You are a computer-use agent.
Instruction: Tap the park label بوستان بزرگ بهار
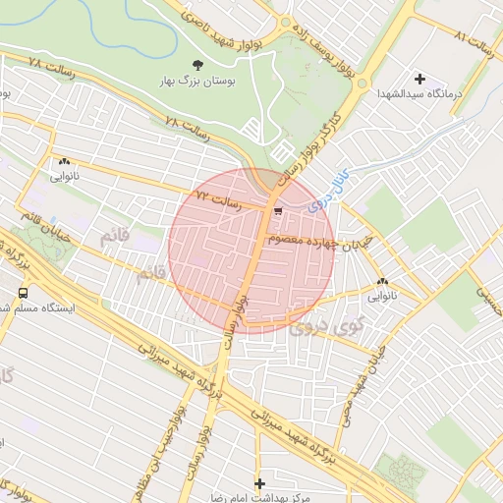[197, 83]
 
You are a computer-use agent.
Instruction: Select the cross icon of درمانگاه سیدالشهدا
[420, 78]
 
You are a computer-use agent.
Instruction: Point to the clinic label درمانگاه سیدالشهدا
[419, 94]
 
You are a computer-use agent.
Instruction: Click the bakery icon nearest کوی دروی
[382, 283]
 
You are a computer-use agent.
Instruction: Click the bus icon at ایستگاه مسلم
[23, 293]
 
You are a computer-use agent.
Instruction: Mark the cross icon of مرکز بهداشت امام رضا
[259, 483]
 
